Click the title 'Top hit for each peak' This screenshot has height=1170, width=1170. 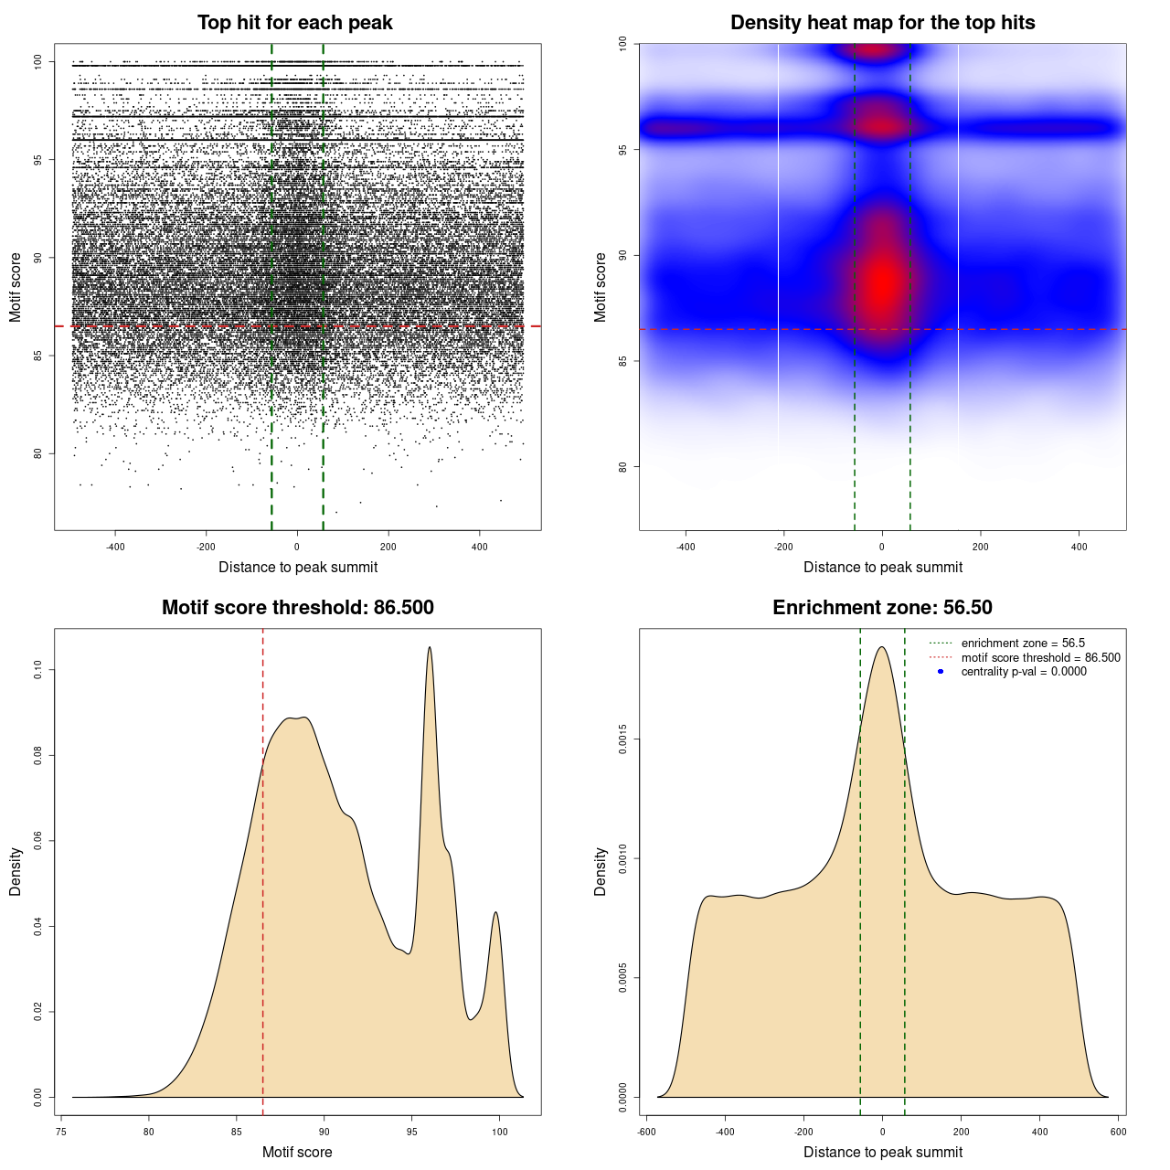294,23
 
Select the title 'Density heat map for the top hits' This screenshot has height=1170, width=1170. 882,23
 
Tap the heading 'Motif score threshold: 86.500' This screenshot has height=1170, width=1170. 297,608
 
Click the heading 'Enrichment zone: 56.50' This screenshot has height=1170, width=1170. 882,608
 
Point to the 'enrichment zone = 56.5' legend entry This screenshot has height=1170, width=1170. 1023,643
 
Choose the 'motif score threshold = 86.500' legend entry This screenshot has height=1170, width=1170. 1040,658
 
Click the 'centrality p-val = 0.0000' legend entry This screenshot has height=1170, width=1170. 1024,672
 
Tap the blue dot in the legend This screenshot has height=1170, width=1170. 941,672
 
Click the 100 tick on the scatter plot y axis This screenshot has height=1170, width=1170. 38,62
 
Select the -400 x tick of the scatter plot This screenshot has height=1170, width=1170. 115,548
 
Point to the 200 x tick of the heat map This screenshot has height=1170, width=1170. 981,548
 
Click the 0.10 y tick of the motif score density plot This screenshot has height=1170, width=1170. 38,670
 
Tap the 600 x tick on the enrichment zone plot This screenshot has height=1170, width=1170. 1118,1132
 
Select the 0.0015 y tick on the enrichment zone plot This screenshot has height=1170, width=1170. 623,739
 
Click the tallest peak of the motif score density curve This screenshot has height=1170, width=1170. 430,647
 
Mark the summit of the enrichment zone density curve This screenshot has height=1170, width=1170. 882,647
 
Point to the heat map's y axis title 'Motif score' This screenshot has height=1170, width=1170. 601,287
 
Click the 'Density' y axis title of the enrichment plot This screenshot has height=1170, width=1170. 601,871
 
